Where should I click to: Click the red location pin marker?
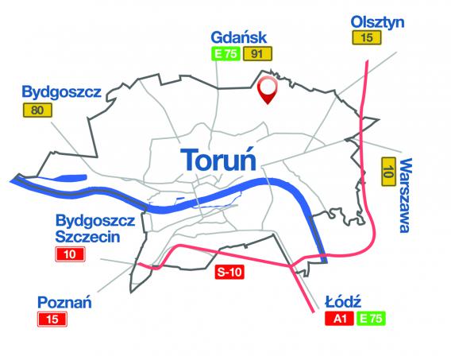pyautogui.click(x=268, y=90)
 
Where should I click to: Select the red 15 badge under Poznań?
pyautogui.click(x=53, y=319)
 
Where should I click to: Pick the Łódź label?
pyautogui.click(x=344, y=302)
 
